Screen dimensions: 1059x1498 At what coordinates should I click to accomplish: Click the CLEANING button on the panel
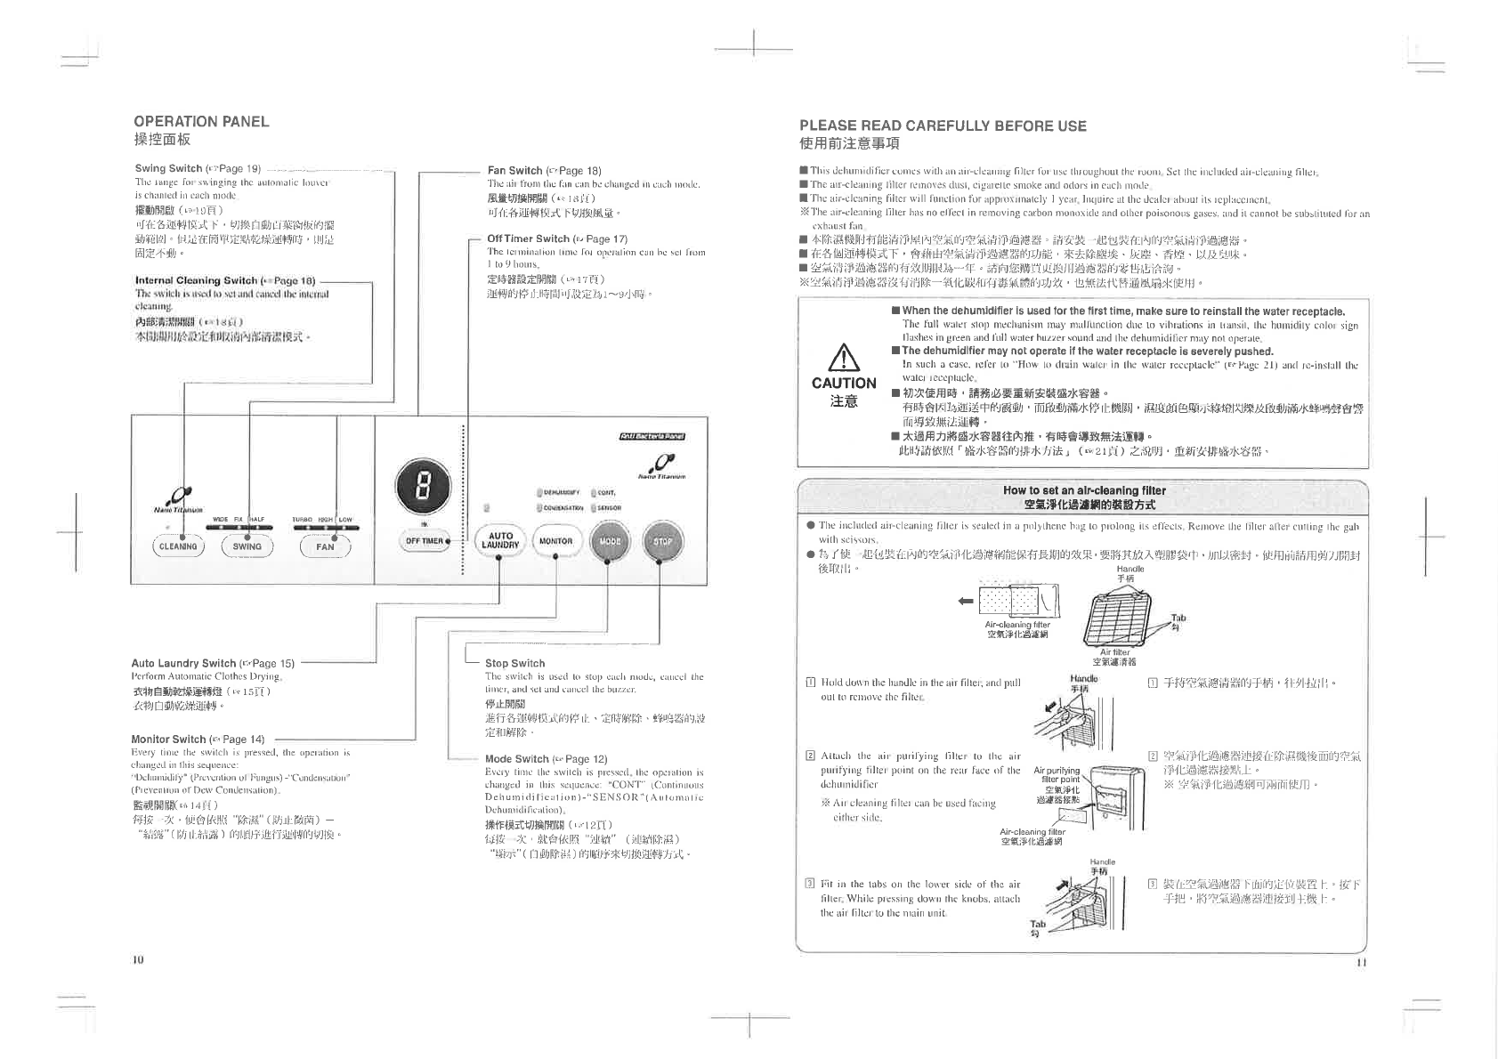(x=178, y=546)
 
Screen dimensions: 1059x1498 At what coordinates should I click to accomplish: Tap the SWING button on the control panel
(x=247, y=546)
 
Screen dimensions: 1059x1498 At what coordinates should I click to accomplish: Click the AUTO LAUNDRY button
(x=501, y=540)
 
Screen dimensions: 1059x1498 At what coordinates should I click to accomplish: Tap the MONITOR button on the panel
(x=555, y=540)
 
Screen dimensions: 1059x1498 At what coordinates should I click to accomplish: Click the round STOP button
(x=662, y=540)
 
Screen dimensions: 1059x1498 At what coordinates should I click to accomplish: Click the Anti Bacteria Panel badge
(x=652, y=435)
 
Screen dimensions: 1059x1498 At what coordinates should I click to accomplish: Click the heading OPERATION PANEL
(x=201, y=122)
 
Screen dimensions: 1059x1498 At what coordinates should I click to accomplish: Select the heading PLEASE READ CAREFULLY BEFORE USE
(x=943, y=126)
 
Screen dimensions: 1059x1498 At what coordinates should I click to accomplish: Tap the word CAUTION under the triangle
(x=844, y=384)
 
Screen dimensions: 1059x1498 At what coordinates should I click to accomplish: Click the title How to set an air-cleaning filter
(x=1083, y=490)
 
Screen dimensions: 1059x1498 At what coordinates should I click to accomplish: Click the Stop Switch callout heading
(x=514, y=663)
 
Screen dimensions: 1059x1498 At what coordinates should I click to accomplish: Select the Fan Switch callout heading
(x=514, y=170)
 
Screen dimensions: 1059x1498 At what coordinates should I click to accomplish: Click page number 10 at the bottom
(x=138, y=959)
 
